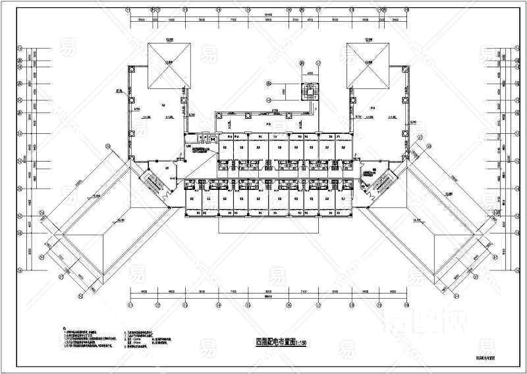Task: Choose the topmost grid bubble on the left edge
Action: pos(20,48)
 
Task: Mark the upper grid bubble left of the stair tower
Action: pos(269,84)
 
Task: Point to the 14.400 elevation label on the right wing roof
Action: pos(416,220)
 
